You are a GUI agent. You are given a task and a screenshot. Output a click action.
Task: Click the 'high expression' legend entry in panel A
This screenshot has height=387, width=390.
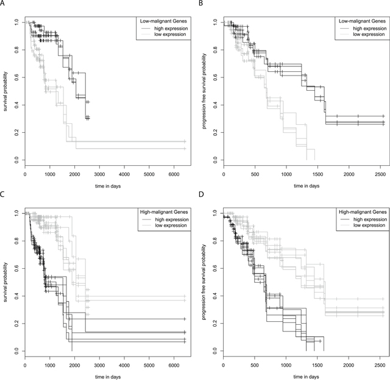160,29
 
